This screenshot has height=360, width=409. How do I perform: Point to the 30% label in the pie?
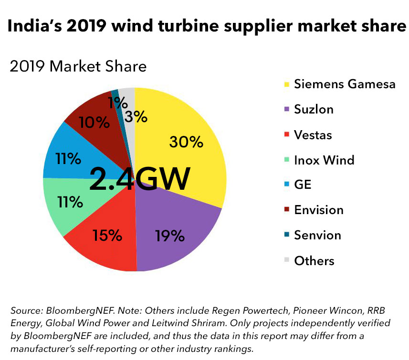[186, 142]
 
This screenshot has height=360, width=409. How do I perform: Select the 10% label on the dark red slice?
[94, 123]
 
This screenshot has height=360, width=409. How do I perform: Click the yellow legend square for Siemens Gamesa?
[286, 84]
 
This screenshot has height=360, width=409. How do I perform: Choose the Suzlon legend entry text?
[314, 109]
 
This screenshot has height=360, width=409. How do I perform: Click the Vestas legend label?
[313, 134]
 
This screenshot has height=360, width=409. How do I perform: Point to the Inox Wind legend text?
[324, 160]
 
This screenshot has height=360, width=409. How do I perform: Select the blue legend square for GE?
[286, 185]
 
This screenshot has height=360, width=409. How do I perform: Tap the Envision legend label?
[318, 210]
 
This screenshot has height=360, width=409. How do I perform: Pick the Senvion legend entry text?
[317, 235]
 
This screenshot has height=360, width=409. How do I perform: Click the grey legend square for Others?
[286, 260]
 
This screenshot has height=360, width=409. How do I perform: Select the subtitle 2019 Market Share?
[78, 66]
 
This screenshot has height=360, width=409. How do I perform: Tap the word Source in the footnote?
[25, 310]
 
